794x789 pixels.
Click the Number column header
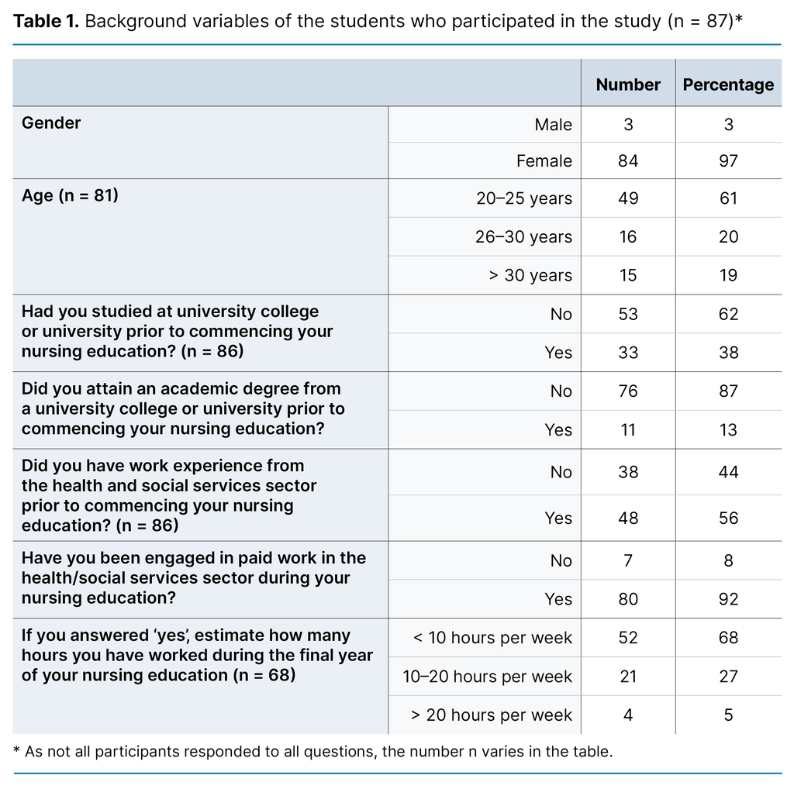(628, 84)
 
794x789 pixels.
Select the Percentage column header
(728, 84)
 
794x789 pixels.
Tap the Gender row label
(51, 123)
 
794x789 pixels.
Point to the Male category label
(553, 125)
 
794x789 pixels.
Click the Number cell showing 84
(628, 161)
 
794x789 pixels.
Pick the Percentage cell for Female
(728, 161)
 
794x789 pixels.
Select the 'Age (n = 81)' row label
(70, 196)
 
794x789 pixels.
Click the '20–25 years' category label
(524, 198)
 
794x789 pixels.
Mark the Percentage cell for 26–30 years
(728, 237)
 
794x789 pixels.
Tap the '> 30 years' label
(530, 276)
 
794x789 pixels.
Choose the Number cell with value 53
(628, 314)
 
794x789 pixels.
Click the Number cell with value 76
(628, 391)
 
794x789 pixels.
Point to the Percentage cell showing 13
(728, 430)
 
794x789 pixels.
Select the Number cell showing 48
(628, 519)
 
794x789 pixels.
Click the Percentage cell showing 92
(728, 599)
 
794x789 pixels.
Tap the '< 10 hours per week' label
(492, 638)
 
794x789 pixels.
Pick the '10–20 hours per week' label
(487, 677)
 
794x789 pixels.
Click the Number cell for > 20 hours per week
(628, 715)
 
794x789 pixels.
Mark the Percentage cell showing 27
(728, 677)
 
